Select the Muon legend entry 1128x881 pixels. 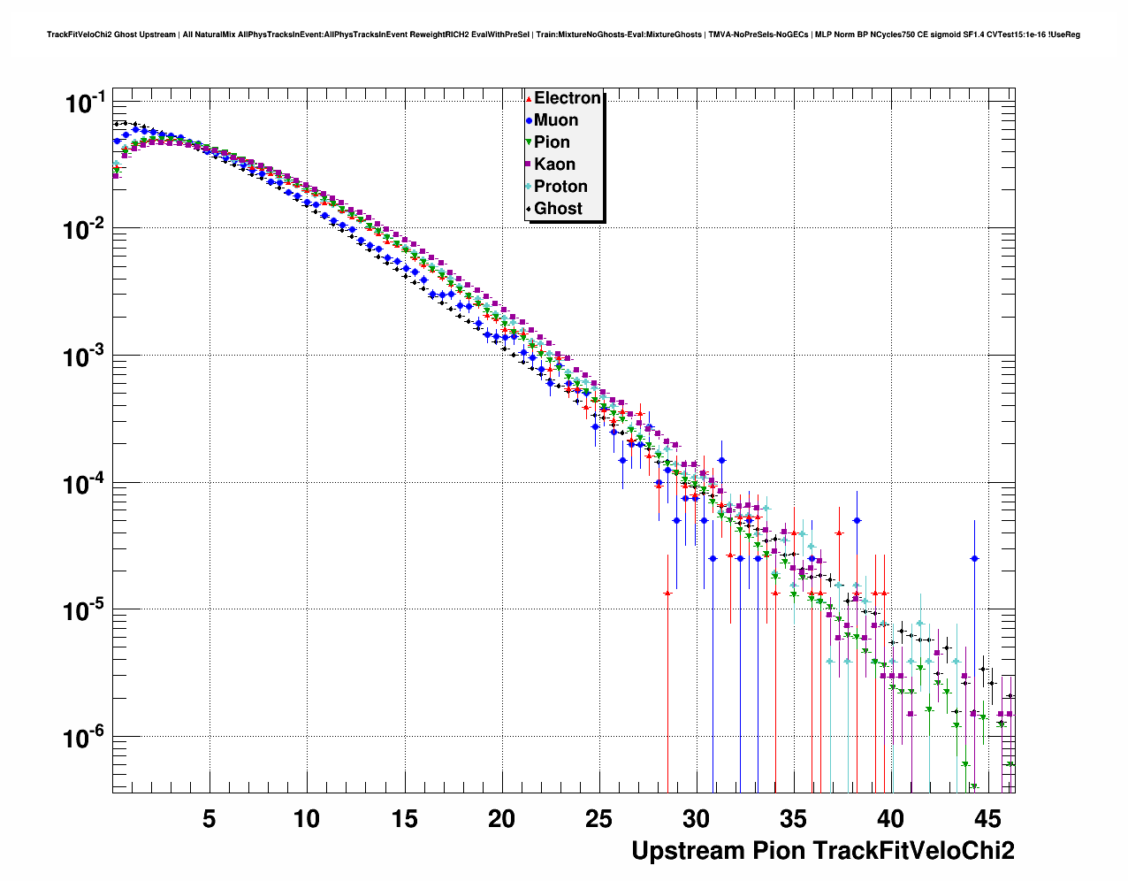point(556,120)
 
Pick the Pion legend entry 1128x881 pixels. point(552,142)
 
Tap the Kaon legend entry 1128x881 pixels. point(554,165)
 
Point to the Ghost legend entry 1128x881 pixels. point(558,209)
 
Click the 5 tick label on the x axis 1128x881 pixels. point(209,819)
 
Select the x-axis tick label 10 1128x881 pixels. point(306,819)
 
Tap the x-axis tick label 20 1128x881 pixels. point(501,819)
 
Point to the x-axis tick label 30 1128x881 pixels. point(696,819)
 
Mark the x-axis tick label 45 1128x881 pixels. point(988,819)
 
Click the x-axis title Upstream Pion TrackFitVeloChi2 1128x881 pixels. point(822,851)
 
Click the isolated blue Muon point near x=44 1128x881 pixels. point(974,558)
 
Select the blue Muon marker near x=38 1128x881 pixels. point(856,520)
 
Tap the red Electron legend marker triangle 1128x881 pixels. point(529,99)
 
